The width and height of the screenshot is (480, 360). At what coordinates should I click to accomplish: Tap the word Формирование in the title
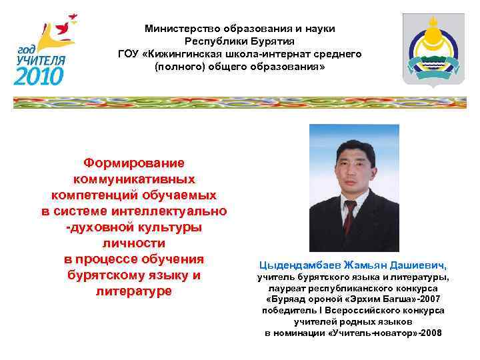(x=134, y=163)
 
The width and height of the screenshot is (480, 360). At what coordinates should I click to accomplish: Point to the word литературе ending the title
(x=134, y=291)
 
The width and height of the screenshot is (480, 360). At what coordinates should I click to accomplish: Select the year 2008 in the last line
(x=430, y=333)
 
